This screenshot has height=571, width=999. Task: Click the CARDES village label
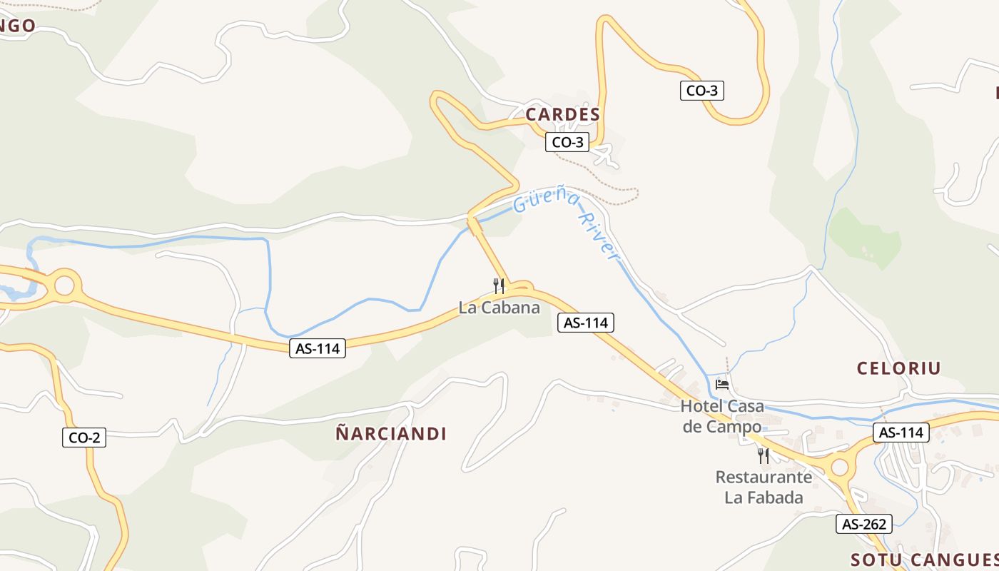(x=562, y=114)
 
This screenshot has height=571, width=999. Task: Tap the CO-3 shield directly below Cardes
(x=567, y=142)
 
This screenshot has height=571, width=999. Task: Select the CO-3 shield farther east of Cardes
(x=701, y=91)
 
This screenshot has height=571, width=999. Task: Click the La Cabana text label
(x=499, y=308)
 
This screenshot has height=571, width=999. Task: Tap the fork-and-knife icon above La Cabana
(x=499, y=286)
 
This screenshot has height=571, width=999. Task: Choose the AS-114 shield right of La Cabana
(x=585, y=323)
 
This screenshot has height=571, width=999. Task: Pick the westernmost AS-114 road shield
(x=317, y=348)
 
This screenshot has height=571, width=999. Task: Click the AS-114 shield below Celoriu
(x=901, y=433)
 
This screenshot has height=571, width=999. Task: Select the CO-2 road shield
(x=84, y=438)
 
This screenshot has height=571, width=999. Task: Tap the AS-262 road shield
(x=864, y=524)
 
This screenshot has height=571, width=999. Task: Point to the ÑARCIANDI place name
(x=391, y=433)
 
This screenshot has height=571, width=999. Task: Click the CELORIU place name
(x=898, y=368)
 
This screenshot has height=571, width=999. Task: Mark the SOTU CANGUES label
(x=924, y=559)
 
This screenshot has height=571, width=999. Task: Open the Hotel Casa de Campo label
(x=722, y=416)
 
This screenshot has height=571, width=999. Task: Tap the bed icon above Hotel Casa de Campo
(x=722, y=385)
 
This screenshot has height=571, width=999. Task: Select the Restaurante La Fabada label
(x=764, y=487)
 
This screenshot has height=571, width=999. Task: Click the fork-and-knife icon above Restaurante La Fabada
(x=764, y=455)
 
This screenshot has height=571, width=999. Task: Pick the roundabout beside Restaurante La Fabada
(x=839, y=468)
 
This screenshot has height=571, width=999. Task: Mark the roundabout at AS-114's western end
(x=64, y=285)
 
